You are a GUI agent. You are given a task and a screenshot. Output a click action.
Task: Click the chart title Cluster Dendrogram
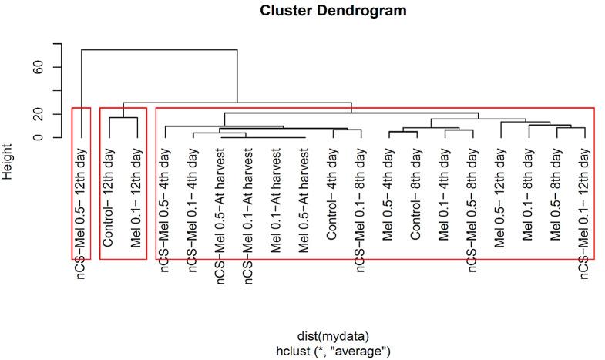point(333,11)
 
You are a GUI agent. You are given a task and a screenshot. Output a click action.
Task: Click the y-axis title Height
point(8,164)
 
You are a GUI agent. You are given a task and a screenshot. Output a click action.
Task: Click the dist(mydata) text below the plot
point(333,337)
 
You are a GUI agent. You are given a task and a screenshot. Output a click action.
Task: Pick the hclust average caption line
point(333,351)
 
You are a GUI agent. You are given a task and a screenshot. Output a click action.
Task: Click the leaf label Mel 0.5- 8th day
point(556,197)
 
